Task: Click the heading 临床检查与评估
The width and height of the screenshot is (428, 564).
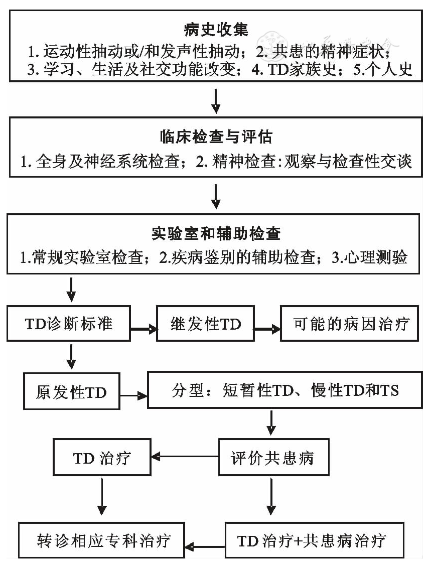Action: pos(214,137)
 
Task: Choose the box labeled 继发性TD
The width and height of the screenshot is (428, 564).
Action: pos(205,324)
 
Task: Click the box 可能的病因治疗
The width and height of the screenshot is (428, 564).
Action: pos(351,324)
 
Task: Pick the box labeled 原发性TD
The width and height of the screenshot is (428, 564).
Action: pos(71,392)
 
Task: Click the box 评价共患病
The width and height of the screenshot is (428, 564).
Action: pos(272,458)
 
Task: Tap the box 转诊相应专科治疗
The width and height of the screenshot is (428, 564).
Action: pos(103,540)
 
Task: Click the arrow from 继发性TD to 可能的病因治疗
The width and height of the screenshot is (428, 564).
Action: pos(267,329)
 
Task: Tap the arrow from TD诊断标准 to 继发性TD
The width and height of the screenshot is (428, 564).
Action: pos(142,329)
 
